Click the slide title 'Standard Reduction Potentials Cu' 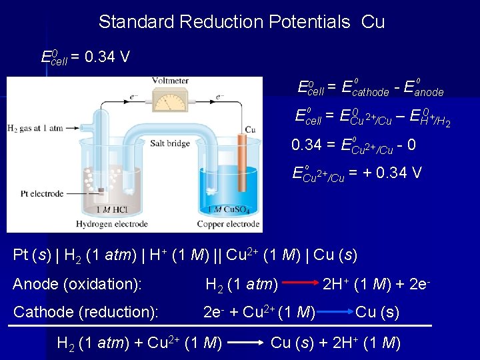point(241,22)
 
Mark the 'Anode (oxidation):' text point(77,285)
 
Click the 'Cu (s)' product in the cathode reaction point(377,312)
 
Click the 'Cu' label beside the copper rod point(251,129)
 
